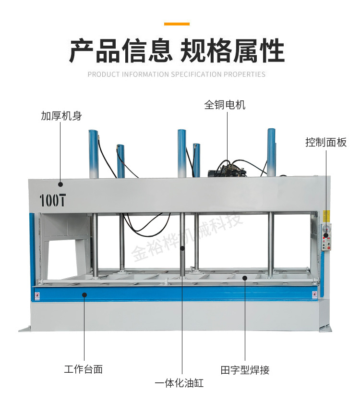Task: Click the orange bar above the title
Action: pos(177,24)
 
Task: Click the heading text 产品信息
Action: pos(120,51)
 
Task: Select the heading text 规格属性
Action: pos(232,51)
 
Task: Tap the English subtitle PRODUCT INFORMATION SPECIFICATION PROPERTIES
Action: pos(177,74)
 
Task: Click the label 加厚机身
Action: pos(61,116)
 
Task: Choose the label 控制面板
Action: pos(326,143)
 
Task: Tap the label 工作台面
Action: pos(84,369)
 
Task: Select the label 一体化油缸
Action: pos(179,383)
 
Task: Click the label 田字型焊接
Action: pos(245,370)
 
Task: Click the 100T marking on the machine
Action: pos(52,200)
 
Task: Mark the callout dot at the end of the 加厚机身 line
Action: pos(61,184)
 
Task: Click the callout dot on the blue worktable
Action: pos(84,294)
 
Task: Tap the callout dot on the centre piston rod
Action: pos(182,248)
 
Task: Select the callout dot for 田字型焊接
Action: pos(245,277)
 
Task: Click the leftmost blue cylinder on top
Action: pos(93,153)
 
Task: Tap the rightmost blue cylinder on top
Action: pos(272,151)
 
